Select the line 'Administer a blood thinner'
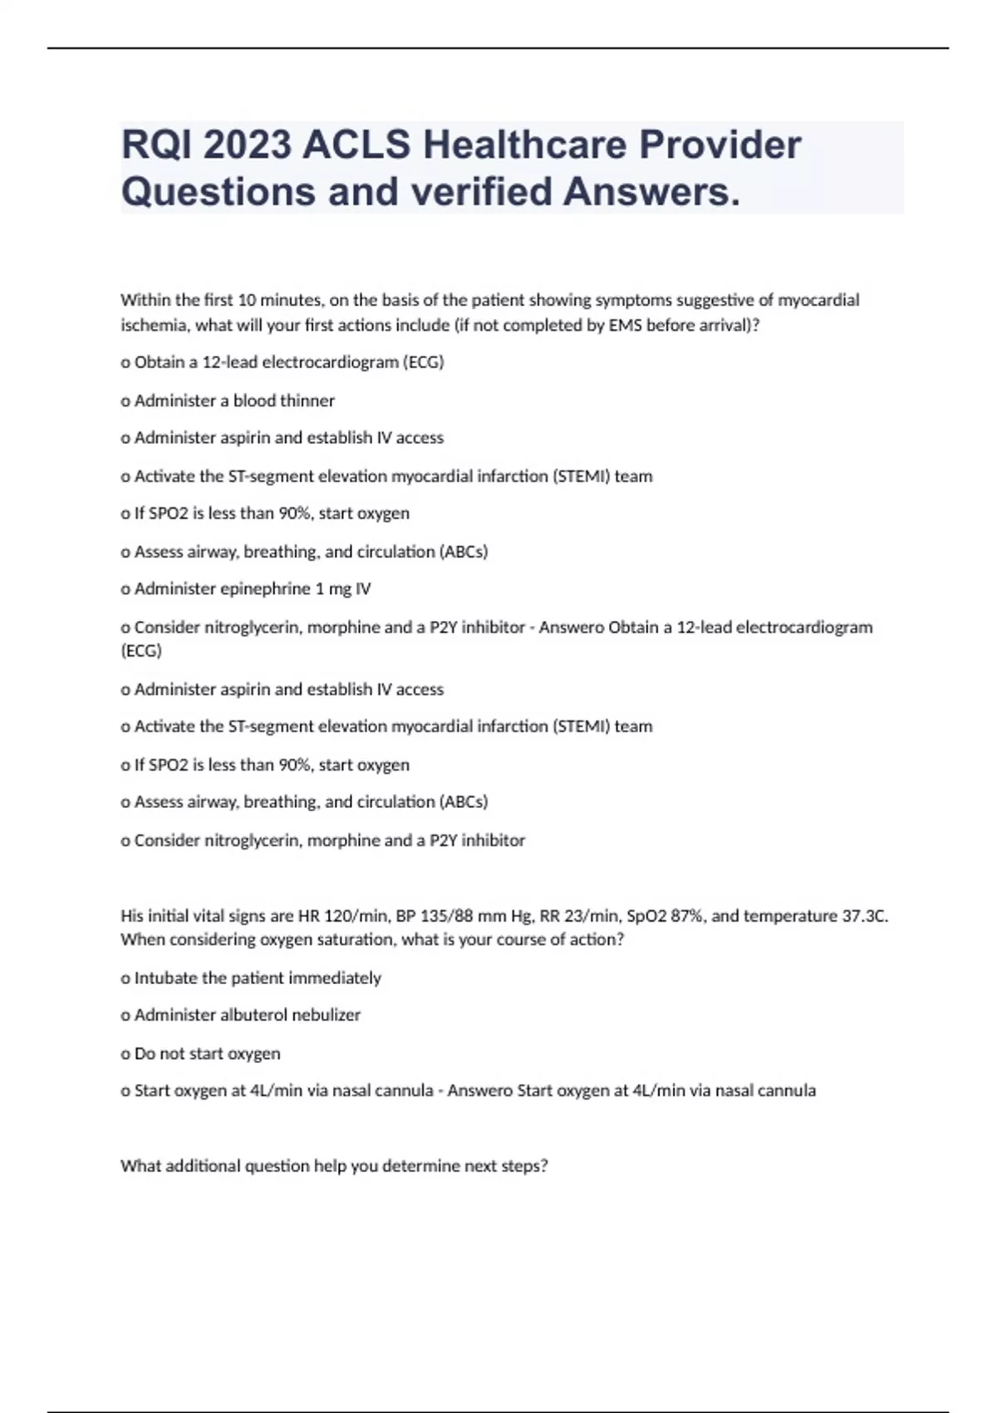(x=234, y=401)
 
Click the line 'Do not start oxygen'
(x=207, y=1053)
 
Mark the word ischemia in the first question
(x=155, y=325)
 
